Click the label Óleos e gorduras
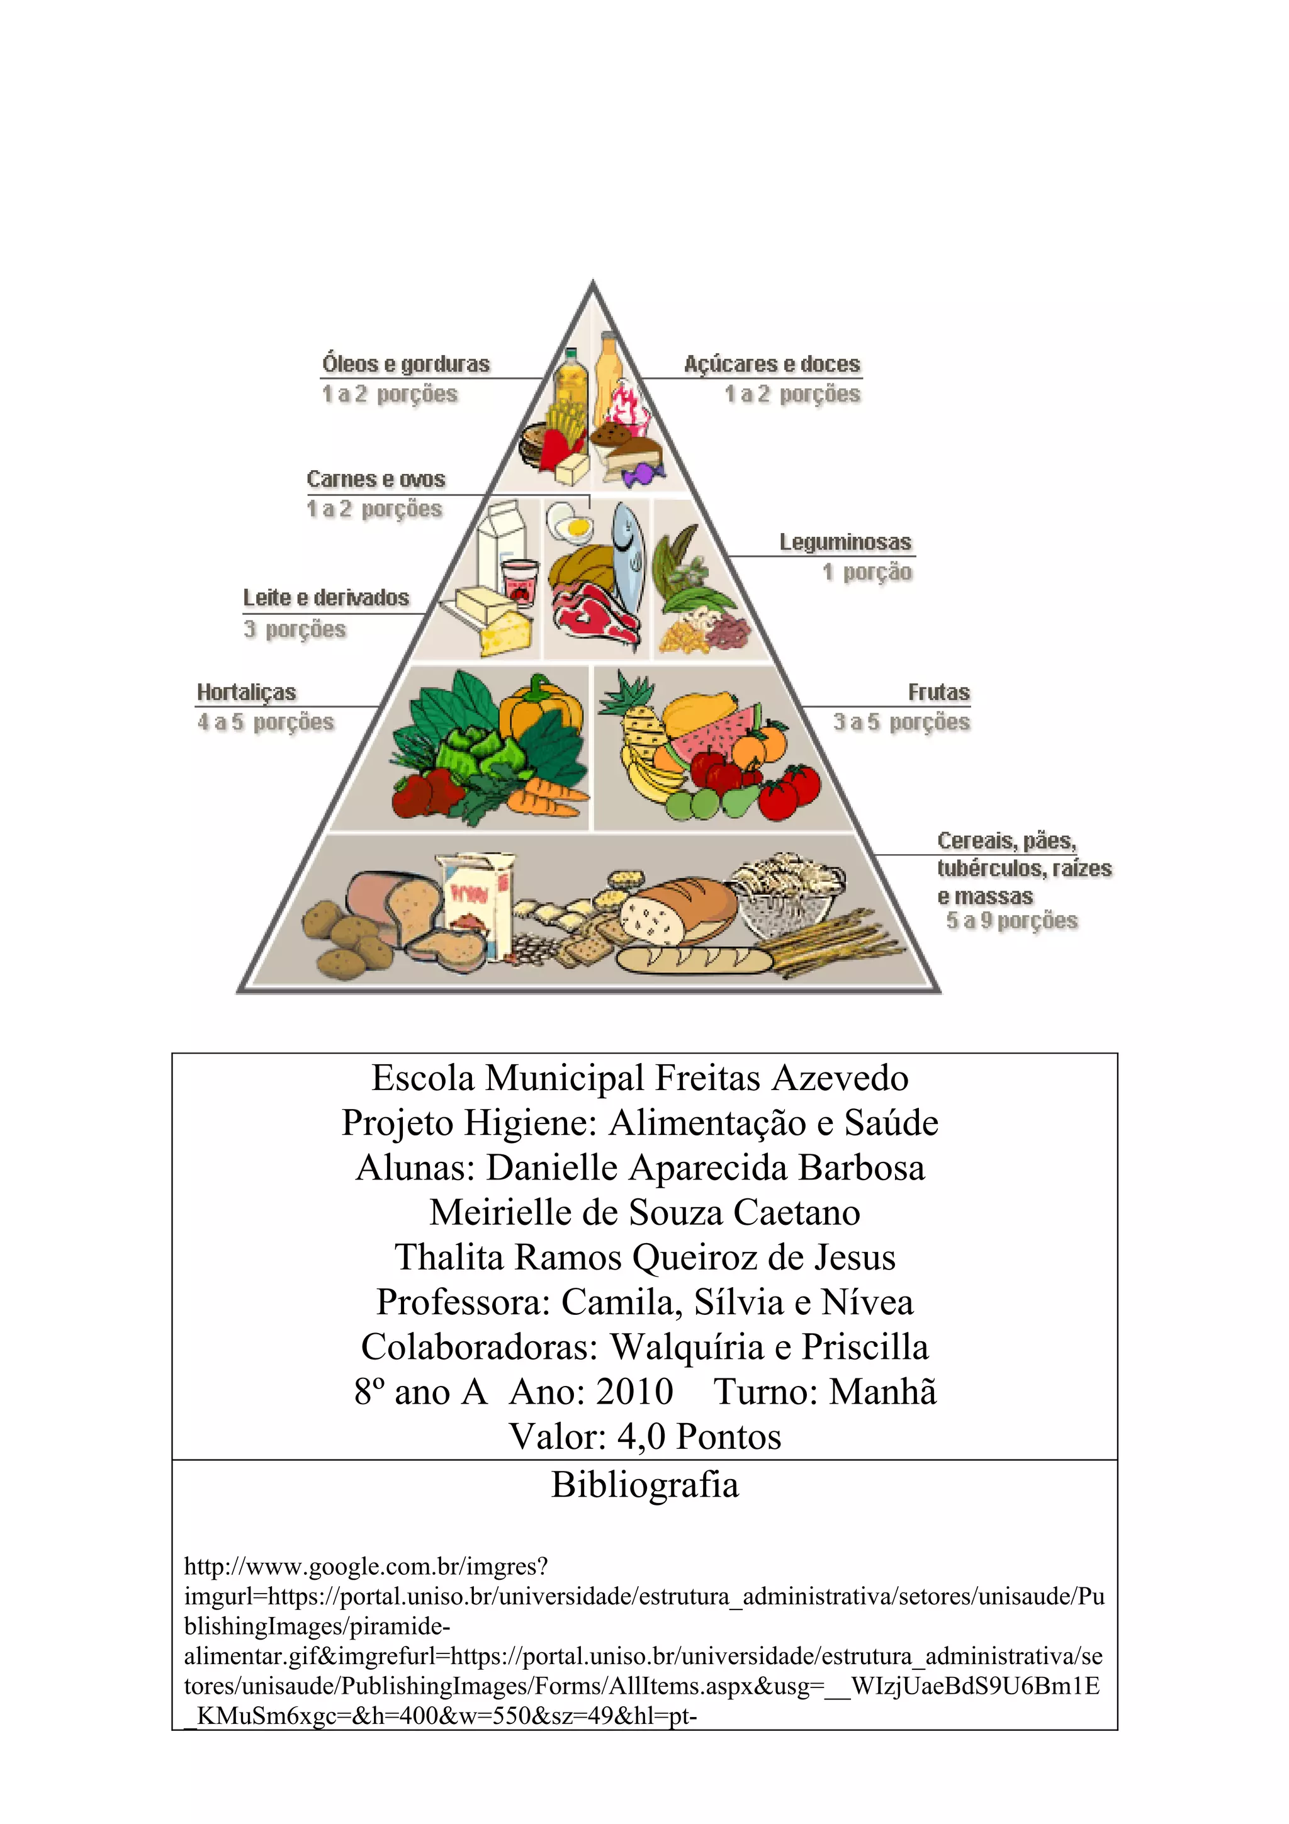pyautogui.click(x=406, y=364)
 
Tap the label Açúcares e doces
pyautogui.click(x=772, y=364)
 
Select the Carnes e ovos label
pyautogui.click(x=376, y=480)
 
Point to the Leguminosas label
pyautogui.click(x=845, y=543)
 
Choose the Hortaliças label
pyautogui.click(x=246, y=693)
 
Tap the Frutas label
pyautogui.click(x=939, y=693)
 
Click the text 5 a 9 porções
pyautogui.click(x=1012, y=921)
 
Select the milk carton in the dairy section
pyautogui.click(x=500, y=544)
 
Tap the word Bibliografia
pyautogui.click(x=645, y=1485)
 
